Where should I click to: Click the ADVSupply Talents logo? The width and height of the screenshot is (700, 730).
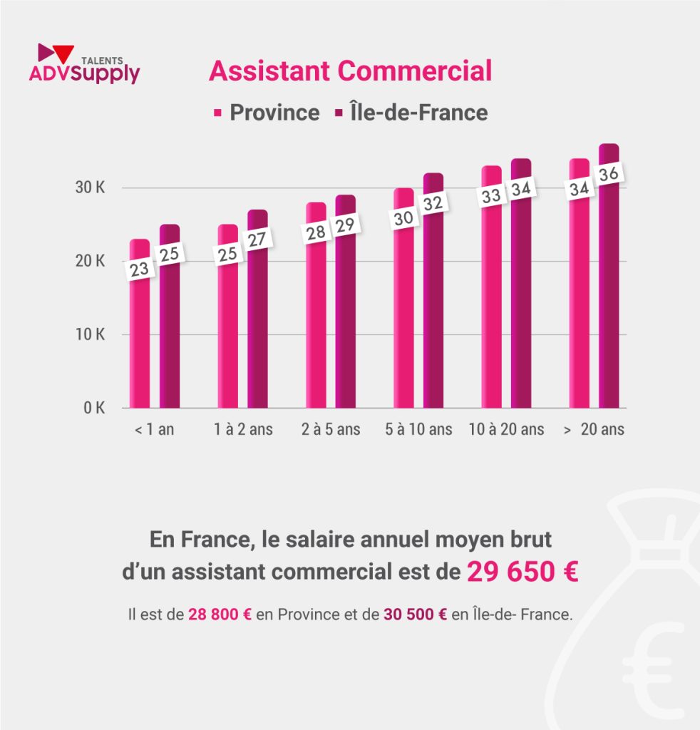pos(84,64)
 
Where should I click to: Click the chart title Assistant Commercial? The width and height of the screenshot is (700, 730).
pos(350,71)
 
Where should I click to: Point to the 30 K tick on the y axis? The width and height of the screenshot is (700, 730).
pos(90,188)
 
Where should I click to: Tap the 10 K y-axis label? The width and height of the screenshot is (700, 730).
pos(90,335)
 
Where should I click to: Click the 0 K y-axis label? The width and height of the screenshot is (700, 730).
pos(93,408)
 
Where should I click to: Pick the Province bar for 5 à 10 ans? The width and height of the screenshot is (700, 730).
pos(403,321)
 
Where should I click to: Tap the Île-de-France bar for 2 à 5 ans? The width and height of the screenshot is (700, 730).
pos(345,321)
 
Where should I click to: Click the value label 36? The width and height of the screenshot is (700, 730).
pos(609,175)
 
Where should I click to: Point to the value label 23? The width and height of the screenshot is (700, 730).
pos(139,269)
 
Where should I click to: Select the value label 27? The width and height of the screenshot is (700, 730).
pos(257,240)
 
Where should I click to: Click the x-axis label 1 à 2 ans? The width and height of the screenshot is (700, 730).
pos(242,430)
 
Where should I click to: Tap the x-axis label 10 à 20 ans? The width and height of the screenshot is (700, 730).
pos(506,430)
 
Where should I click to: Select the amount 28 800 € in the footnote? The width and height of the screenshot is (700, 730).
pos(220,615)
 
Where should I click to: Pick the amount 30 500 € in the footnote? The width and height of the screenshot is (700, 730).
pos(415,615)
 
